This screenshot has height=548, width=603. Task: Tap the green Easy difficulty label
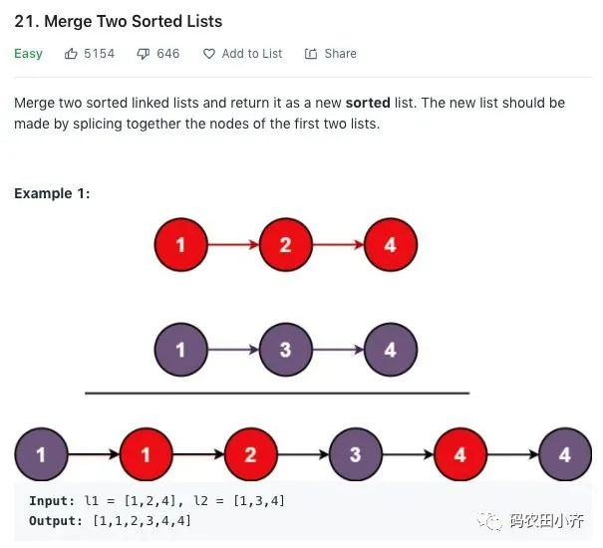pos(28,54)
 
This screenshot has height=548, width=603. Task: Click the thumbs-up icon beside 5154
pos(71,54)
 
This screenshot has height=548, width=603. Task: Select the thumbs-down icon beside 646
pos(144,54)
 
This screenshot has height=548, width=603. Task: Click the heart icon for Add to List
pos(209,54)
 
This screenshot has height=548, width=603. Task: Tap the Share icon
pos(311,54)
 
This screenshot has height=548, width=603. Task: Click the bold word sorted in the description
pos(368,103)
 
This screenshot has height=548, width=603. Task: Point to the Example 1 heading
pos(52,193)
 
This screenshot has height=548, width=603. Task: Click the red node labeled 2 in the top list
pos(286,244)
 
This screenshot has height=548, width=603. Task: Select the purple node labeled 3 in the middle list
pos(286,350)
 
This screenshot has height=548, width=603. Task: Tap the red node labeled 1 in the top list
pos(181,244)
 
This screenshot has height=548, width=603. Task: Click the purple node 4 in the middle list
pos(391,350)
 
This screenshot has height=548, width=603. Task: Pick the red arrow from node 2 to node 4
pos(338,244)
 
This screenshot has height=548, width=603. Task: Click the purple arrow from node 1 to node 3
pos(233,350)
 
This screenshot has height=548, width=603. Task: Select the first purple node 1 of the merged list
pos(42,454)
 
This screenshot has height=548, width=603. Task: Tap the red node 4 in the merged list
pos(460,454)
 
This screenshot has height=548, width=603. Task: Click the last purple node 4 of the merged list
pos(565,454)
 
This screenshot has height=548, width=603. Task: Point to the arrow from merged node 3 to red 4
pos(408,454)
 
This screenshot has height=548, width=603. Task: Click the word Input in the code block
pos(52,501)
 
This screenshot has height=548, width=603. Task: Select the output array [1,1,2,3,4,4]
pos(142,521)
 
